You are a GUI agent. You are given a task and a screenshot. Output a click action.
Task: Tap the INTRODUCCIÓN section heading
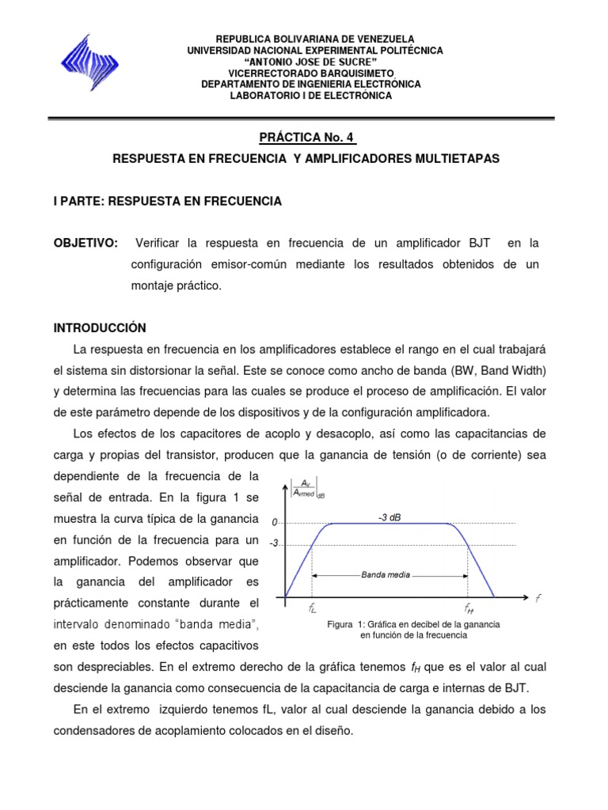(100, 327)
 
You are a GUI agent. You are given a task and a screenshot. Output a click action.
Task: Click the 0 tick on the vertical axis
(275, 523)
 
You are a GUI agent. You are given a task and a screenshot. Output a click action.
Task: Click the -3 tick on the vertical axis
(273, 544)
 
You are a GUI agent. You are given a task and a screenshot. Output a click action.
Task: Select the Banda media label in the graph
(386, 575)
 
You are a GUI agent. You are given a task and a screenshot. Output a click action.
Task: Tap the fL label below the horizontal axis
(313, 610)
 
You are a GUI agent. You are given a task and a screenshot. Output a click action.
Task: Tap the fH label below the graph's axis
(469, 610)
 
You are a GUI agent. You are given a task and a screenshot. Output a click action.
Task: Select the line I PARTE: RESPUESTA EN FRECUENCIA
(167, 202)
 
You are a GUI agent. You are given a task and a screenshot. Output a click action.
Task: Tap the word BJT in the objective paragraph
(478, 242)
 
